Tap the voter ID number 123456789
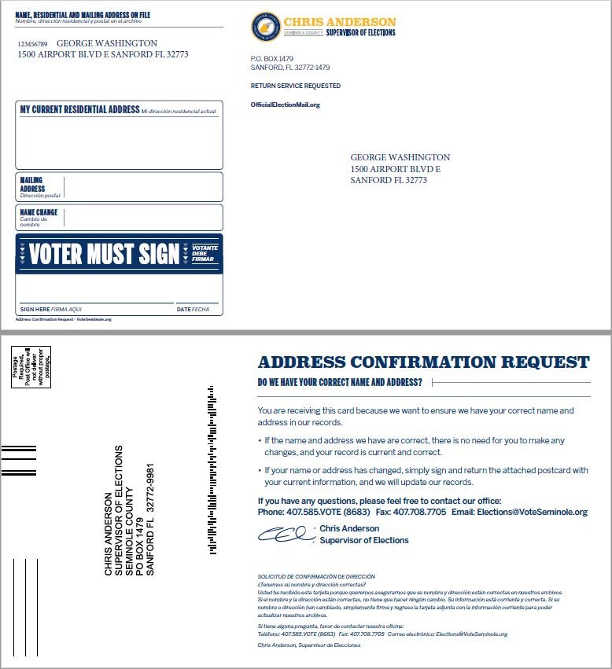33,45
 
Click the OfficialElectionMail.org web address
286,105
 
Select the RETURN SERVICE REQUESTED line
296,86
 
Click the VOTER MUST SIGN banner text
105,254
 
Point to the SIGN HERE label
35,310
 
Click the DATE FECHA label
193,310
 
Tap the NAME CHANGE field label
39,212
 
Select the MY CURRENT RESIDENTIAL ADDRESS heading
79,110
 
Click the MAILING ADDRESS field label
32,185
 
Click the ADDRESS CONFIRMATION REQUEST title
423,362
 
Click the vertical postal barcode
211,471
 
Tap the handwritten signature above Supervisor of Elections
284,535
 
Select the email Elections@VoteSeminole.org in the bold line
532,512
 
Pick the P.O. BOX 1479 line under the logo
271,59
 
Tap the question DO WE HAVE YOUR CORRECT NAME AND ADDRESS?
340,383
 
